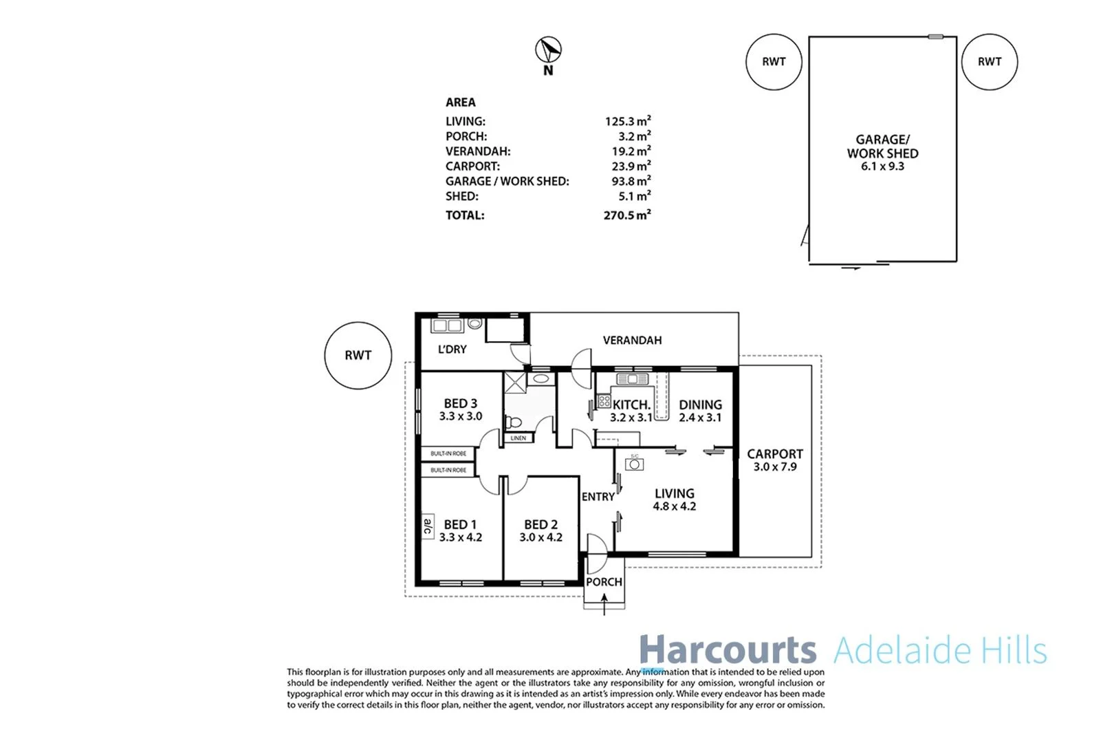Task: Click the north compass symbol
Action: pyautogui.click(x=548, y=50)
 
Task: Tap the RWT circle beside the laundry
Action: pyautogui.click(x=358, y=356)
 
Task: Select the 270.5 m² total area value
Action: pyautogui.click(x=626, y=215)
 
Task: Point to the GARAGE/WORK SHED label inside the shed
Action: pyautogui.click(x=882, y=147)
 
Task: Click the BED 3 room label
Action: pyautogui.click(x=460, y=404)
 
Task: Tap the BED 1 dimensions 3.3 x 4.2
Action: pyautogui.click(x=461, y=537)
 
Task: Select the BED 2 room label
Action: pyautogui.click(x=540, y=525)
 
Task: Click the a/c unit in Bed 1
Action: pyautogui.click(x=428, y=527)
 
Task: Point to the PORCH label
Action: pyautogui.click(x=604, y=582)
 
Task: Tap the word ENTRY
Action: pyautogui.click(x=598, y=497)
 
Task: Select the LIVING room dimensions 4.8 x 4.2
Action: pyautogui.click(x=674, y=506)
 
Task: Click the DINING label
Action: pyautogui.click(x=700, y=405)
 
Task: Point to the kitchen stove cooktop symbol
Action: pyautogui.click(x=604, y=401)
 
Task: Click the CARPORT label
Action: pyautogui.click(x=775, y=454)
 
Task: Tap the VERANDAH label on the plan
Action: pyautogui.click(x=632, y=341)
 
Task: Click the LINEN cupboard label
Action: pyautogui.click(x=518, y=438)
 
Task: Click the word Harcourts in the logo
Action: pyautogui.click(x=728, y=650)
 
